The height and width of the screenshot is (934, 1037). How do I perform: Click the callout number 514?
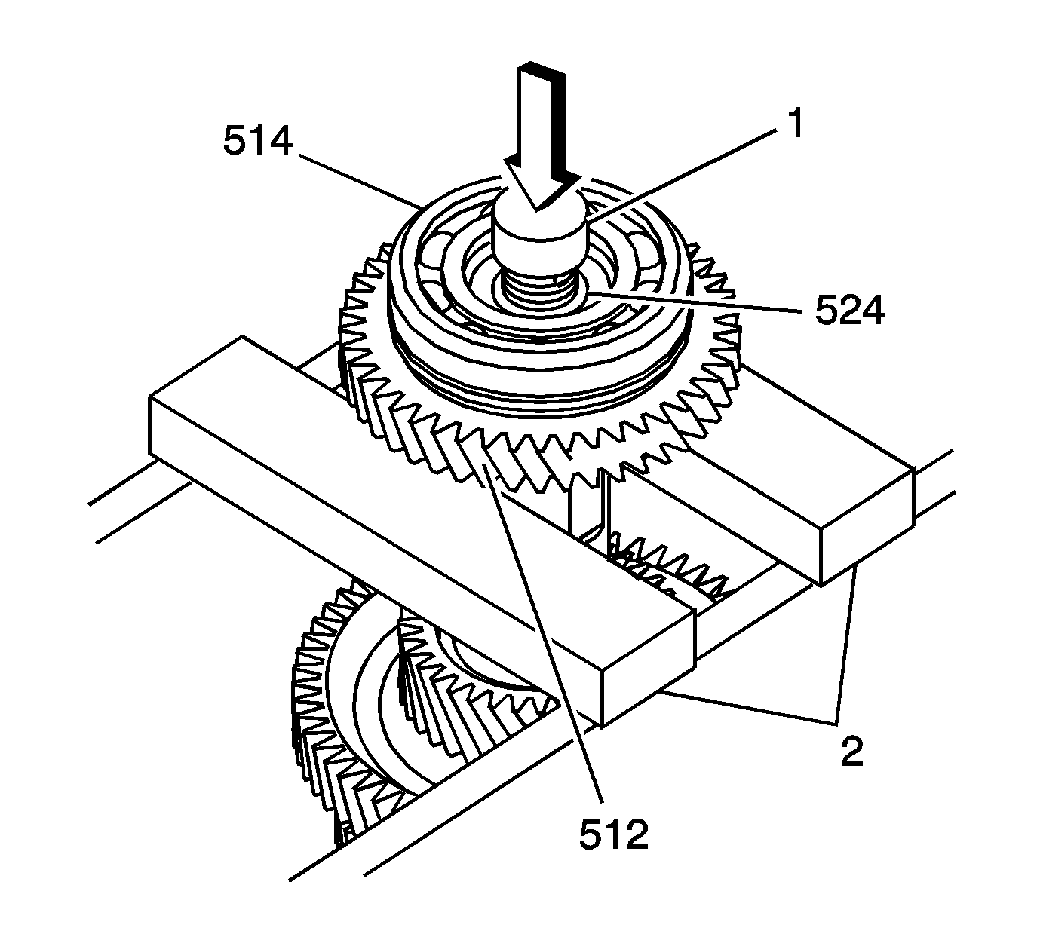257,141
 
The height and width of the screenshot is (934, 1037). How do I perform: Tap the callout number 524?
848,311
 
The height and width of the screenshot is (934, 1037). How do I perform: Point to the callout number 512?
612,834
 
